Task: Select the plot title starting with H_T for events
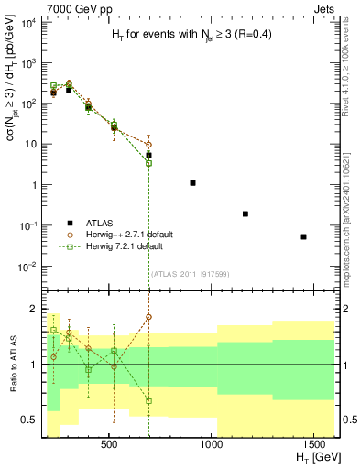click(186, 34)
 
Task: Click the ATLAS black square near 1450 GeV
click(303, 236)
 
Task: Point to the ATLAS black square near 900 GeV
click(192, 183)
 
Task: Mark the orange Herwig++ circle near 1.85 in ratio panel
click(148, 317)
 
